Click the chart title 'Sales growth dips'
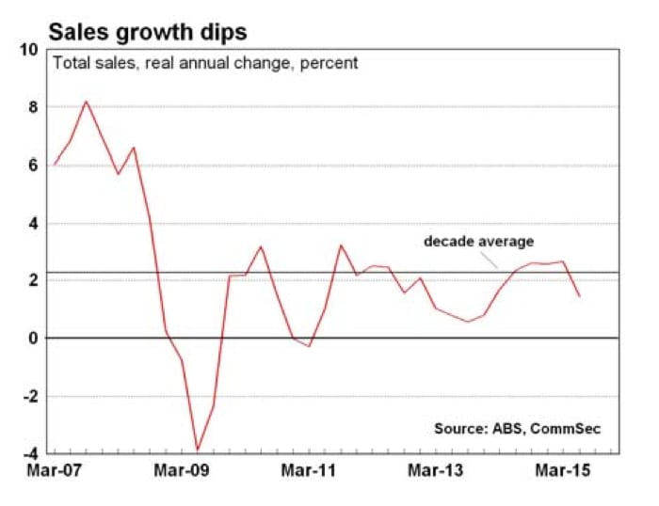click(148, 31)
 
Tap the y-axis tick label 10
click(29, 50)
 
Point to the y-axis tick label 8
click(33, 107)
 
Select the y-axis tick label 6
click(33, 166)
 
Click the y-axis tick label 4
click(33, 223)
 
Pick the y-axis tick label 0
click(33, 339)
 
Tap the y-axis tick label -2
click(29, 396)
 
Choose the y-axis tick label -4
click(29, 453)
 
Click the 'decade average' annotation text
click(478, 243)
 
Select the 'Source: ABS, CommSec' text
click(517, 428)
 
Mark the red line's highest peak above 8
click(87, 102)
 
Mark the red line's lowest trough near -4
click(198, 451)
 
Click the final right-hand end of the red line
click(579, 296)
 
